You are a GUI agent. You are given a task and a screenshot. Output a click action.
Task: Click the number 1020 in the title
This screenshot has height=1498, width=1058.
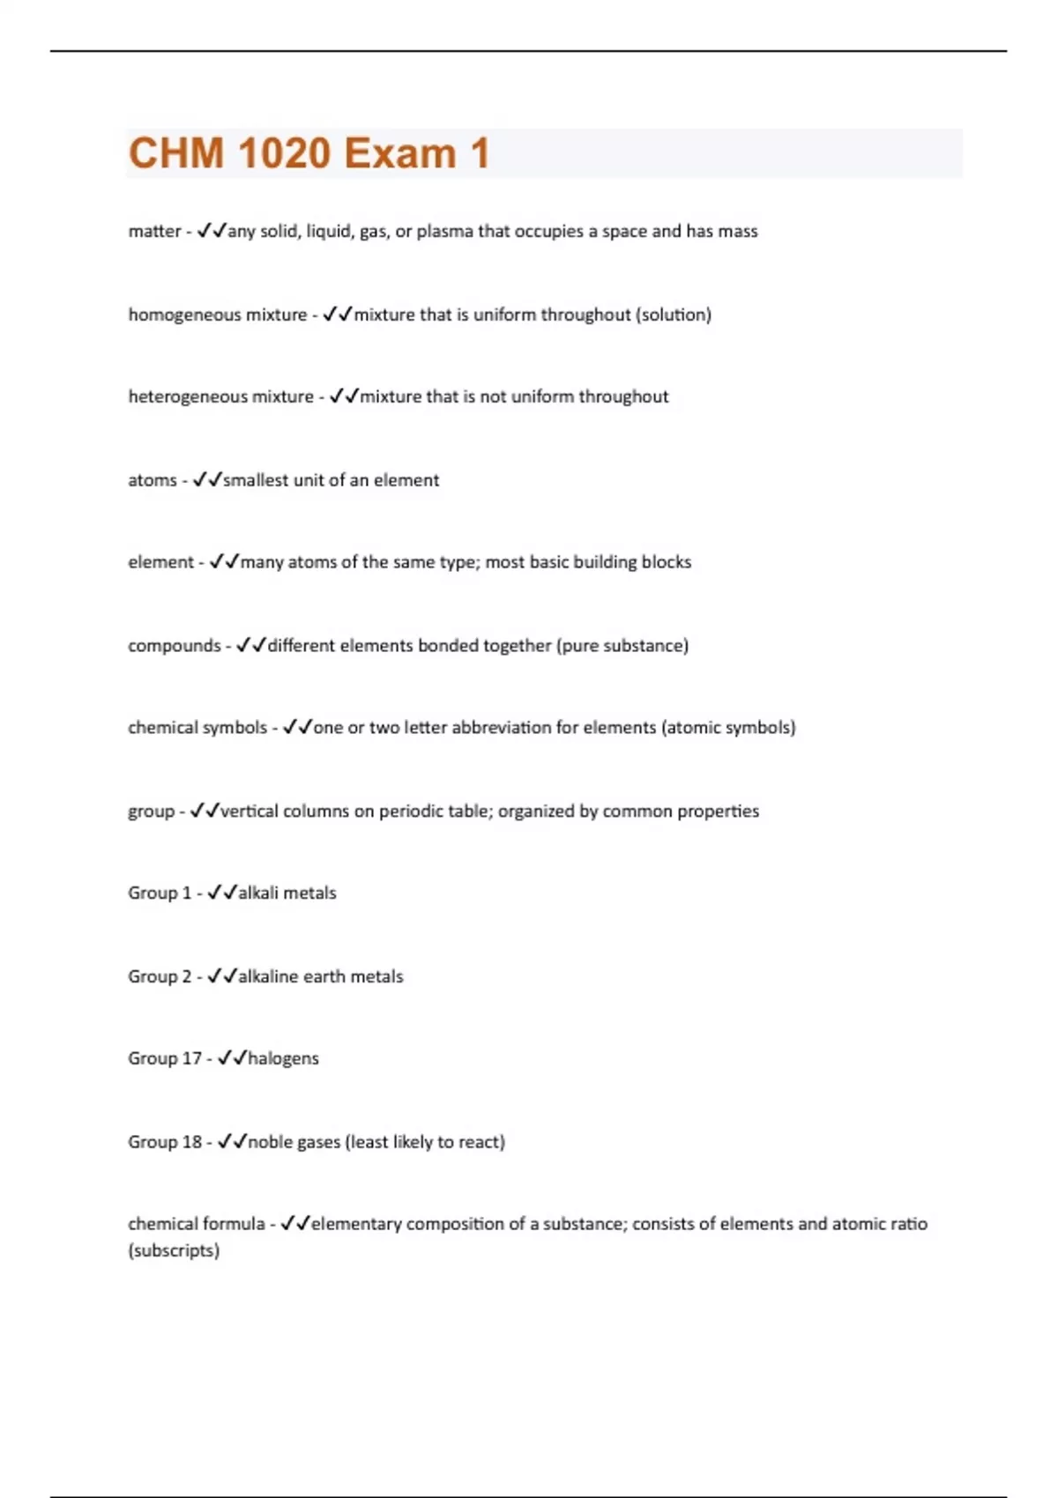284,153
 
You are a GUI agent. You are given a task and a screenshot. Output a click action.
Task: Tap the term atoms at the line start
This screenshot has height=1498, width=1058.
153,480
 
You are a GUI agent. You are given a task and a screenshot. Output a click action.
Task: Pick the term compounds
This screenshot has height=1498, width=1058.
175,646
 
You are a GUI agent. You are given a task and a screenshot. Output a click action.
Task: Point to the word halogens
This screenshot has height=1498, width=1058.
283,1058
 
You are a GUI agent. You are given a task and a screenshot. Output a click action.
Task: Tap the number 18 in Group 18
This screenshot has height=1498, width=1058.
192,1142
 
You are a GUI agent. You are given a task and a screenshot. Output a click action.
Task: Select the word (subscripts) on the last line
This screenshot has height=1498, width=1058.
174,1250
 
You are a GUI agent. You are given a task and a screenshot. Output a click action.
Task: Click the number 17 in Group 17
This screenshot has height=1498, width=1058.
192,1058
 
